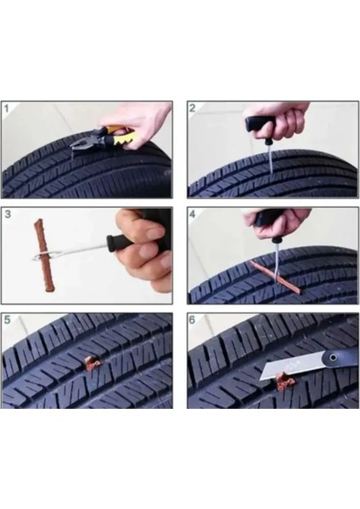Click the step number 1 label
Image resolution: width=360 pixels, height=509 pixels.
coord(7,109)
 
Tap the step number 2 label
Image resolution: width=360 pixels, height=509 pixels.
coord(193,108)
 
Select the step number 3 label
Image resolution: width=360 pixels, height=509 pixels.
coord(8,215)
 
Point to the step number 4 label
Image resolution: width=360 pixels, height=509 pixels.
coord(193,215)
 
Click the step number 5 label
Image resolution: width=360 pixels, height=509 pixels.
coord(7,320)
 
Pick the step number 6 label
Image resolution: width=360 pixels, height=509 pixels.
coord(193,320)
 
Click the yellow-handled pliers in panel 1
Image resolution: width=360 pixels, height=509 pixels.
coord(104,139)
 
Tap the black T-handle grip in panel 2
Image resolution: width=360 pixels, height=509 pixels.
coord(260,125)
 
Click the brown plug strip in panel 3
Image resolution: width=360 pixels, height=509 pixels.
coord(42,255)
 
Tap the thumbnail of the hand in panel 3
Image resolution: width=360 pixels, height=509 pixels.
coord(155,233)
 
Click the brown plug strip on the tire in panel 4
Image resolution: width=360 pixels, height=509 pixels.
coord(276,277)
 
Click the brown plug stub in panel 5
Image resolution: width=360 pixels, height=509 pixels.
coord(92,363)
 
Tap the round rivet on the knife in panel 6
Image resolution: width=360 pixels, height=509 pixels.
coord(332,358)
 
